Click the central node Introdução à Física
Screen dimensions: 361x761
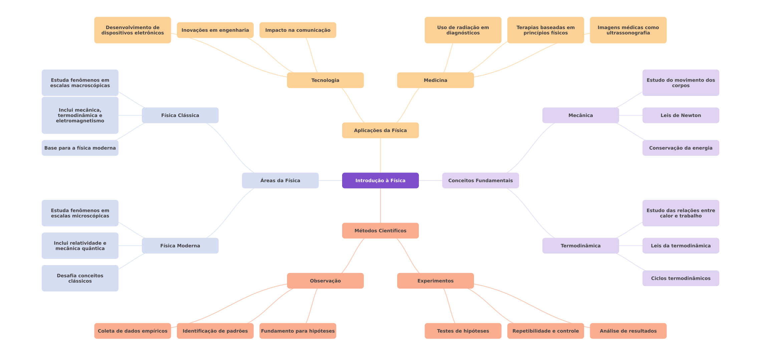380,180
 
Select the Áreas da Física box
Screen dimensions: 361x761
280,180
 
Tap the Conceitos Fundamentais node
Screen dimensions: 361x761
481,180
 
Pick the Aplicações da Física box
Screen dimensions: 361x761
380,130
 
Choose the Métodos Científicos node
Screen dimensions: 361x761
380,231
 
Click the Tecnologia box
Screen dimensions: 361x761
325,80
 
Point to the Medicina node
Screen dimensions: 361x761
436,80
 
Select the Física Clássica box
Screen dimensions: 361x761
180,115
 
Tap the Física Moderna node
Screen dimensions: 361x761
180,246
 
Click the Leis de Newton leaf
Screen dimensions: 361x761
681,115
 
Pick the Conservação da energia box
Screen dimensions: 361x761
681,148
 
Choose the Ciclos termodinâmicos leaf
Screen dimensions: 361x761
681,278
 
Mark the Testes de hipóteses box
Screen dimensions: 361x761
463,331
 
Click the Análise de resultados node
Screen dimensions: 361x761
628,331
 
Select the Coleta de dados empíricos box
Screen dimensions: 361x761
133,331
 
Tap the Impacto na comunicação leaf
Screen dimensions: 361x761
298,30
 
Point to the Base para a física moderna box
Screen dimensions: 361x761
80,148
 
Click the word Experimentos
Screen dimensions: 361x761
436,281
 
